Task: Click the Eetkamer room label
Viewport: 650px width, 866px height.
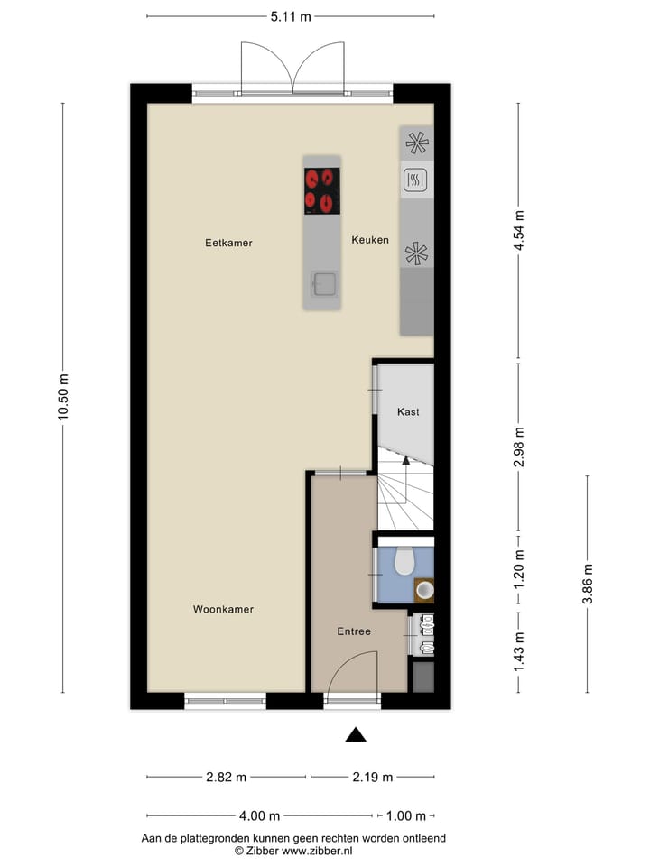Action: (x=228, y=243)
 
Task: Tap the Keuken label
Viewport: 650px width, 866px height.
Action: (x=370, y=240)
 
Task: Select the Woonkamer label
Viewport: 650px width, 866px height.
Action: (x=223, y=610)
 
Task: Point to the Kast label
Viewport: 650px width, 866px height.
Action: (x=408, y=411)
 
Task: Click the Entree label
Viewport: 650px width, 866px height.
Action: (x=354, y=631)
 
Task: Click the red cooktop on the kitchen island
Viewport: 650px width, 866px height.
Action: (x=321, y=191)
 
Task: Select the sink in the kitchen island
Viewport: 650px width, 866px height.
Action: (x=323, y=284)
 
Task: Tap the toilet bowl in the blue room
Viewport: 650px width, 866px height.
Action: (x=404, y=561)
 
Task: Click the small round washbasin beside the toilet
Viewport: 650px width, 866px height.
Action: (x=424, y=590)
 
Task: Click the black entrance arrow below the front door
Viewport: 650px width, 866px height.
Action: (x=357, y=735)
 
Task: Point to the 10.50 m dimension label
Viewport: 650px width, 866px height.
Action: (x=62, y=397)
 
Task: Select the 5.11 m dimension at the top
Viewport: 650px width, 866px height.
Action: (x=291, y=16)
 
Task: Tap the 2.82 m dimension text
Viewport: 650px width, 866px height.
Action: (x=227, y=777)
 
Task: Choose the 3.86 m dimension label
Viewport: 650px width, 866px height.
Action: (x=588, y=583)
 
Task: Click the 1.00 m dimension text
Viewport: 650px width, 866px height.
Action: (x=405, y=816)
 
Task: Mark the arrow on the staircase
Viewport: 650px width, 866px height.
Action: (x=405, y=462)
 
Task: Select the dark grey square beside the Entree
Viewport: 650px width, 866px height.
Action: (x=422, y=677)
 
